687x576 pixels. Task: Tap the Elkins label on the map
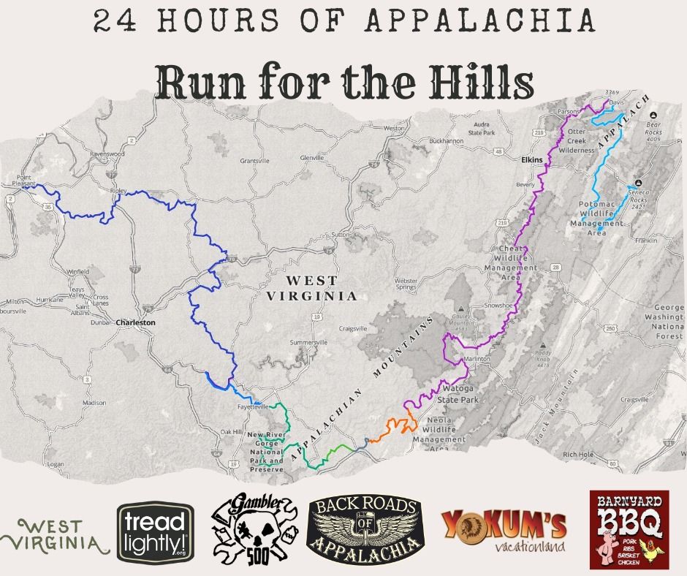coord(533,159)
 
